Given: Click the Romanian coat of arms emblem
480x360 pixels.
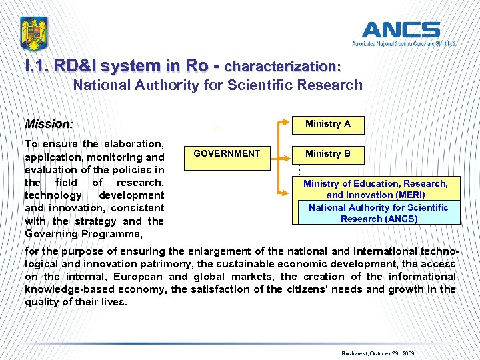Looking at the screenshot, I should point(34,34).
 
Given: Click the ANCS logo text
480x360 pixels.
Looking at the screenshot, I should point(401,30).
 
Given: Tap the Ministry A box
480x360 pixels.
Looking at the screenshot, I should point(327,124).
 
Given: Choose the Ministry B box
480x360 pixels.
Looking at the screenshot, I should point(327,154).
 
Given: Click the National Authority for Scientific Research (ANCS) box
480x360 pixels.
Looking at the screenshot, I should point(379,213).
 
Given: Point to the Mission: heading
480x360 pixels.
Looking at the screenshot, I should point(49,124).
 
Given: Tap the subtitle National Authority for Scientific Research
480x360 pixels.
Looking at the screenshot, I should point(218,85).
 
